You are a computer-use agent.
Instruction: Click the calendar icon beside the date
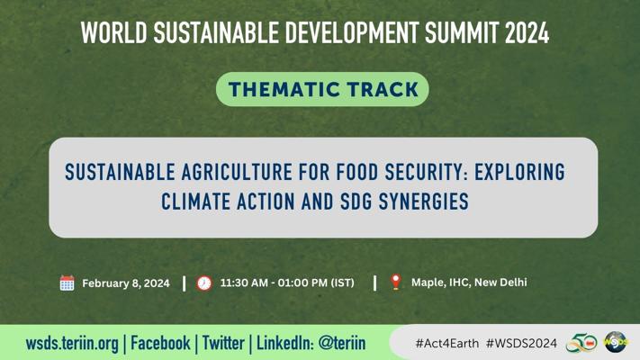click(x=67, y=283)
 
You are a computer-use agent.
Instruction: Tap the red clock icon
click(x=204, y=283)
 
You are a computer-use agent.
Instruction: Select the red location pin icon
click(x=395, y=282)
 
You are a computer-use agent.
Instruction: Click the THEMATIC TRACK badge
click(x=322, y=89)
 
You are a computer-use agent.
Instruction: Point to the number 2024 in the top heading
click(x=527, y=33)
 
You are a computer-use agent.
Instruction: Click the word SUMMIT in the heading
click(x=462, y=33)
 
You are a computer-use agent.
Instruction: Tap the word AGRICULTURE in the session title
click(x=237, y=172)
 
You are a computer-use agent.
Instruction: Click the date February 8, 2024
click(x=126, y=283)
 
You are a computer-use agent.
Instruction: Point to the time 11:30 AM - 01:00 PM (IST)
click(x=287, y=283)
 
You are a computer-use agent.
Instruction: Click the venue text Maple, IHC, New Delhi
click(x=469, y=283)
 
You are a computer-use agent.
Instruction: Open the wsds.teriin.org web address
click(x=72, y=344)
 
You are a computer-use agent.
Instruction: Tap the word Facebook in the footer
click(x=160, y=343)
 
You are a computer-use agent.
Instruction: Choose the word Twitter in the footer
click(x=223, y=343)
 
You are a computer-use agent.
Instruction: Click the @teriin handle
click(x=342, y=343)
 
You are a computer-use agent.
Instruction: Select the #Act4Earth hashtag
click(x=447, y=343)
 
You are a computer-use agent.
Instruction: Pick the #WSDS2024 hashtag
click(x=521, y=343)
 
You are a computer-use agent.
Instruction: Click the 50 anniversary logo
click(x=581, y=343)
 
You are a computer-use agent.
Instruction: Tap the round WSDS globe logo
click(x=616, y=342)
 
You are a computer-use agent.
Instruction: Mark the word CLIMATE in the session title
click(x=195, y=202)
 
